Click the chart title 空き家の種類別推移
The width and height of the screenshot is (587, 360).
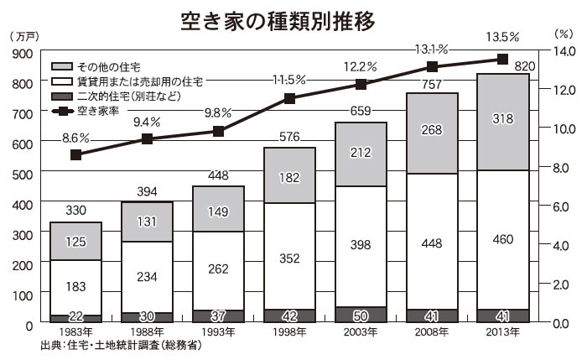click(x=278, y=21)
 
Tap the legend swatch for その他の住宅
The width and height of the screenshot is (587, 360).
click(x=62, y=66)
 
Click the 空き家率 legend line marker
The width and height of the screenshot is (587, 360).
click(x=62, y=112)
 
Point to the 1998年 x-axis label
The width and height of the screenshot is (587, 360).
click(x=289, y=332)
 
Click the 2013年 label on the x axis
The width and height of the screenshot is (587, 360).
click(x=502, y=332)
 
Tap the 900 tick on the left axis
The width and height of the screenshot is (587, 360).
click(x=23, y=54)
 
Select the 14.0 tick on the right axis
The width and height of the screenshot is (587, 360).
click(x=564, y=51)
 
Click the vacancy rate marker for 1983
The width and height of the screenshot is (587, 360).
click(x=76, y=154)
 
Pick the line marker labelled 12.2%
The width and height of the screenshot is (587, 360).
click(x=361, y=84)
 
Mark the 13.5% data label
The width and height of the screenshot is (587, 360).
click(x=502, y=37)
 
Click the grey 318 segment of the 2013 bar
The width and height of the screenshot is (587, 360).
click(x=503, y=123)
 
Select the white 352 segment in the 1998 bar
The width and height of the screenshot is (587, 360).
click(x=289, y=256)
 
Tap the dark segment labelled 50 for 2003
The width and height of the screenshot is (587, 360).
click(x=361, y=315)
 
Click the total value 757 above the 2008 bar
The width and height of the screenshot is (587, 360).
click(x=432, y=84)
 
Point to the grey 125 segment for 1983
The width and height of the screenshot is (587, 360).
click(x=76, y=241)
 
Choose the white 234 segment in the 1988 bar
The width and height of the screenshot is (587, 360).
click(x=147, y=277)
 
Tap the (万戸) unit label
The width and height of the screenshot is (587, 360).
click(x=24, y=36)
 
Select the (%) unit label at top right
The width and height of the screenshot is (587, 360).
click(x=564, y=34)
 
